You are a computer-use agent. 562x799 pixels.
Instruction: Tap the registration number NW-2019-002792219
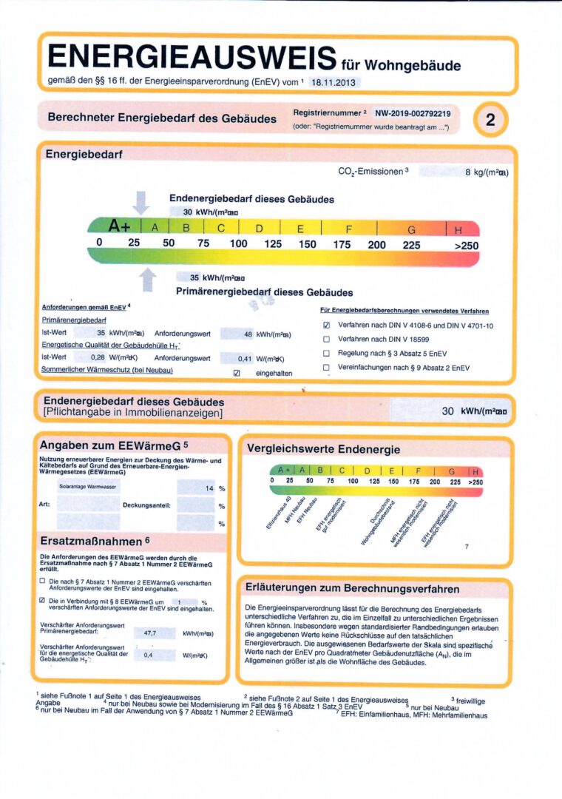pyautogui.click(x=413, y=113)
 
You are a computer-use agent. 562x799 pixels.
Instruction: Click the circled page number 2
pyautogui.click(x=490, y=120)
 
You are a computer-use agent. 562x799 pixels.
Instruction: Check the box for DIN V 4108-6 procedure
pyautogui.click(x=326, y=325)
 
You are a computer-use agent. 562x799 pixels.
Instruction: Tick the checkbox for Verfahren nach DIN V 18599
pyautogui.click(x=326, y=339)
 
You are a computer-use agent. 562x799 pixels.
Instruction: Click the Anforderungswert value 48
pyautogui.click(x=247, y=334)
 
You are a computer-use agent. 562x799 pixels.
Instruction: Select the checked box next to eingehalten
pyautogui.click(x=237, y=373)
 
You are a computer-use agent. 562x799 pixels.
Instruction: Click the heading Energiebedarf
pyautogui.click(x=84, y=154)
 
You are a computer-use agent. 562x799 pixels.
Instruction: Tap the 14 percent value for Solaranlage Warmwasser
pyautogui.click(x=209, y=489)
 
